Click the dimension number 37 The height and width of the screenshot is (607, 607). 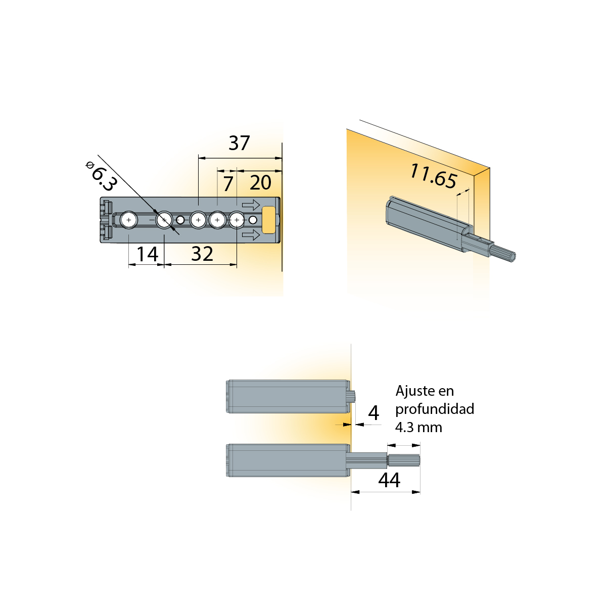click(x=239, y=143)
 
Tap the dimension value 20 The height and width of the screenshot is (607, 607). click(x=260, y=182)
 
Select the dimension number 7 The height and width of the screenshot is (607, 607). click(x=228, y=183)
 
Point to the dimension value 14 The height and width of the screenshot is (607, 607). click(x=147, y=254)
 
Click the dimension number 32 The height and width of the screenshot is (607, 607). click(x=202, y=254)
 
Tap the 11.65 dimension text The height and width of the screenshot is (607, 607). click(x=433, y=176)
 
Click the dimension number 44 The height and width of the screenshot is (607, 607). click(x=389, y=480)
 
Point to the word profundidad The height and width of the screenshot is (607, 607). click(x=435, y=409)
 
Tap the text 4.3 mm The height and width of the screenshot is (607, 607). click(x=418, y=427)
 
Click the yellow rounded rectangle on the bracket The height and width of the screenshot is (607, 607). click(x=268, y=220)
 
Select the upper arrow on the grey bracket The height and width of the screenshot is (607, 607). click(x=251, y=205)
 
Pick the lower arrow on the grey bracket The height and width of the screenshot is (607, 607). click(x=251, y=235)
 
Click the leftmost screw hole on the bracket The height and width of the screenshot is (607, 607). click(x=128, y=219)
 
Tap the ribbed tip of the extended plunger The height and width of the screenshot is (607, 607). click(x=403, y=460)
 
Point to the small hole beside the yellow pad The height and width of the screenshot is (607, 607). click(x=253, y=220)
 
